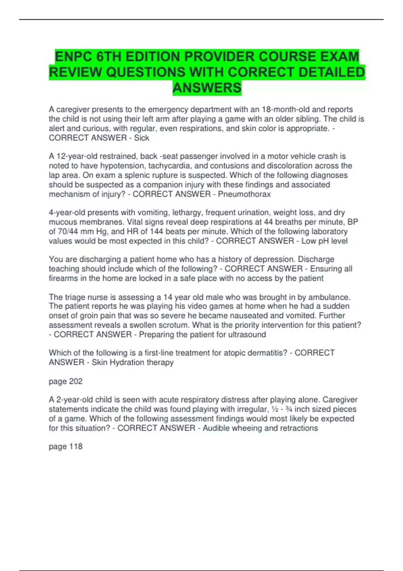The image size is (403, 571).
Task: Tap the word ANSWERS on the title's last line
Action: [x=207, y=88]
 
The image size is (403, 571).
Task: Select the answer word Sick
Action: [x=141, y=138]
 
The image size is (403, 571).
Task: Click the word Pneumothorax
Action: [x=244, y=194]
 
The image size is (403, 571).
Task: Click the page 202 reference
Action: [x=65, y=381]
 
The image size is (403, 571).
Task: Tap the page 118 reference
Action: [x=65, y=446]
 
